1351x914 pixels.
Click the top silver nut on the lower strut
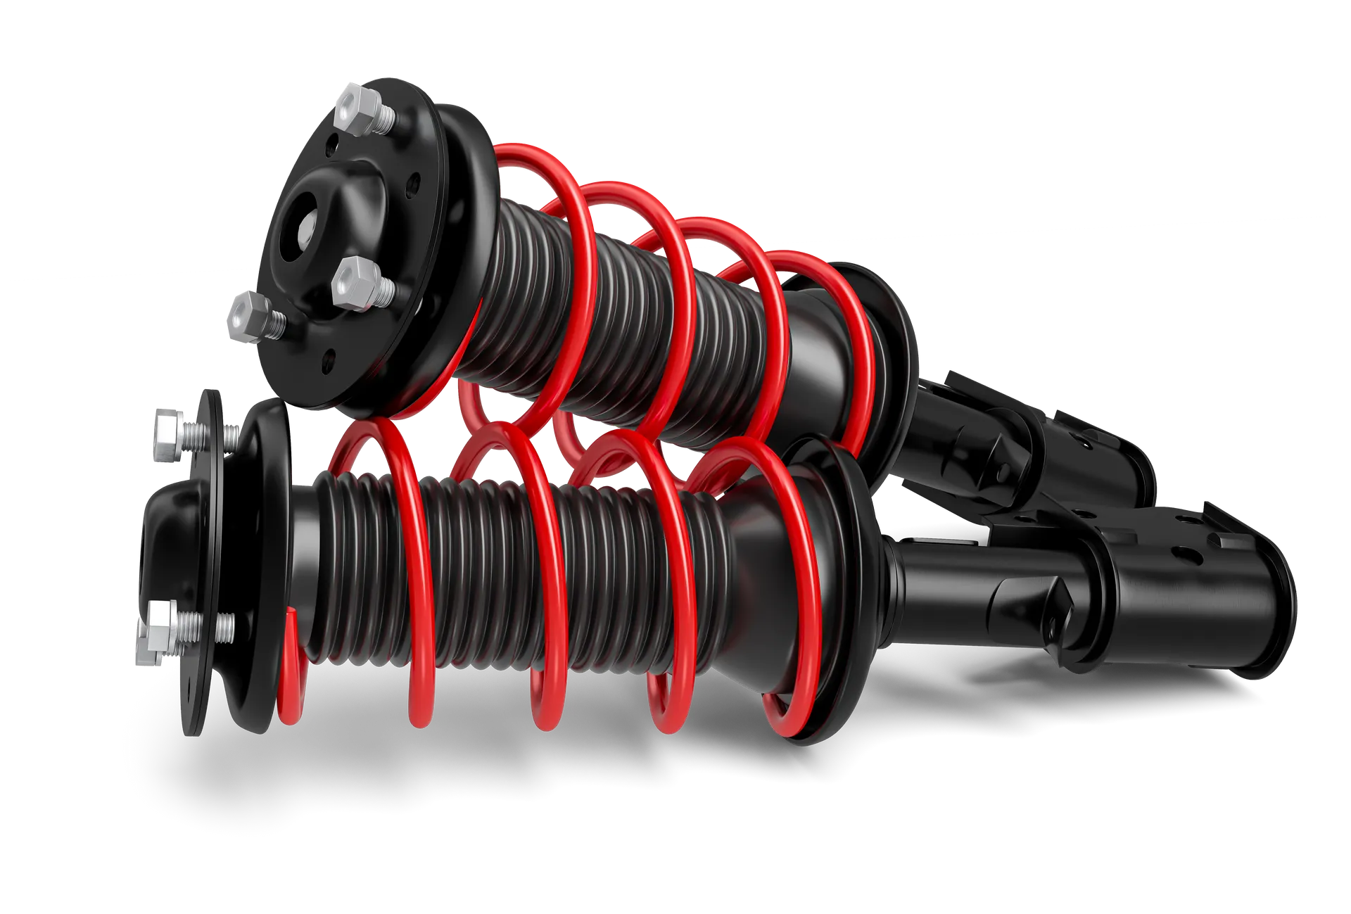[167, 436]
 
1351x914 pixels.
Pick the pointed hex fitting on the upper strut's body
[985, 450]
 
